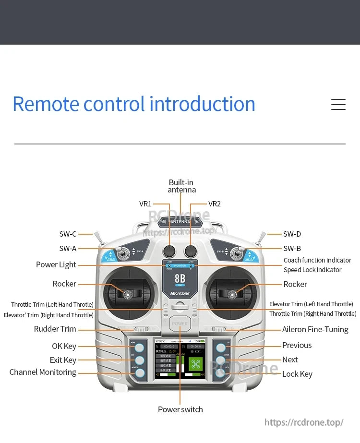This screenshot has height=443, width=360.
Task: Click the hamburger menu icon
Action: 338,104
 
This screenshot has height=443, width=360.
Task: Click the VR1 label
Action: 145,204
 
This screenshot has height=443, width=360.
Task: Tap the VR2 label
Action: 215,204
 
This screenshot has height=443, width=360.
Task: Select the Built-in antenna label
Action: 181,186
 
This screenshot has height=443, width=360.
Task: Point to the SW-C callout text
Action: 68,234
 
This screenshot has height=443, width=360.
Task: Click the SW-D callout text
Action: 292,234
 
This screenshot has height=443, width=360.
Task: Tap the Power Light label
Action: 56,265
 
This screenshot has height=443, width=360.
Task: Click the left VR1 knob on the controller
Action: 169,250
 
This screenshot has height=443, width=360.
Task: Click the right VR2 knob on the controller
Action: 191,250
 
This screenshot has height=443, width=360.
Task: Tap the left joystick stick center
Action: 128,294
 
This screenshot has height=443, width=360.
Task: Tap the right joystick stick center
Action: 233,294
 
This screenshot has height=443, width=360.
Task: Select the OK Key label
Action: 64,347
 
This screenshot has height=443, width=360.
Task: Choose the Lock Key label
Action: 297,374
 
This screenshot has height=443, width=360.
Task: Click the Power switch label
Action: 180,409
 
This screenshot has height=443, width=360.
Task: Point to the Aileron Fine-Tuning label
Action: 315,330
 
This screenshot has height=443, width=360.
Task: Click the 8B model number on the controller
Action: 180,279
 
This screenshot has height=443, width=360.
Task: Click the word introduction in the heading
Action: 202,104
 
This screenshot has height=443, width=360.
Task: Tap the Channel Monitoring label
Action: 43,372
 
